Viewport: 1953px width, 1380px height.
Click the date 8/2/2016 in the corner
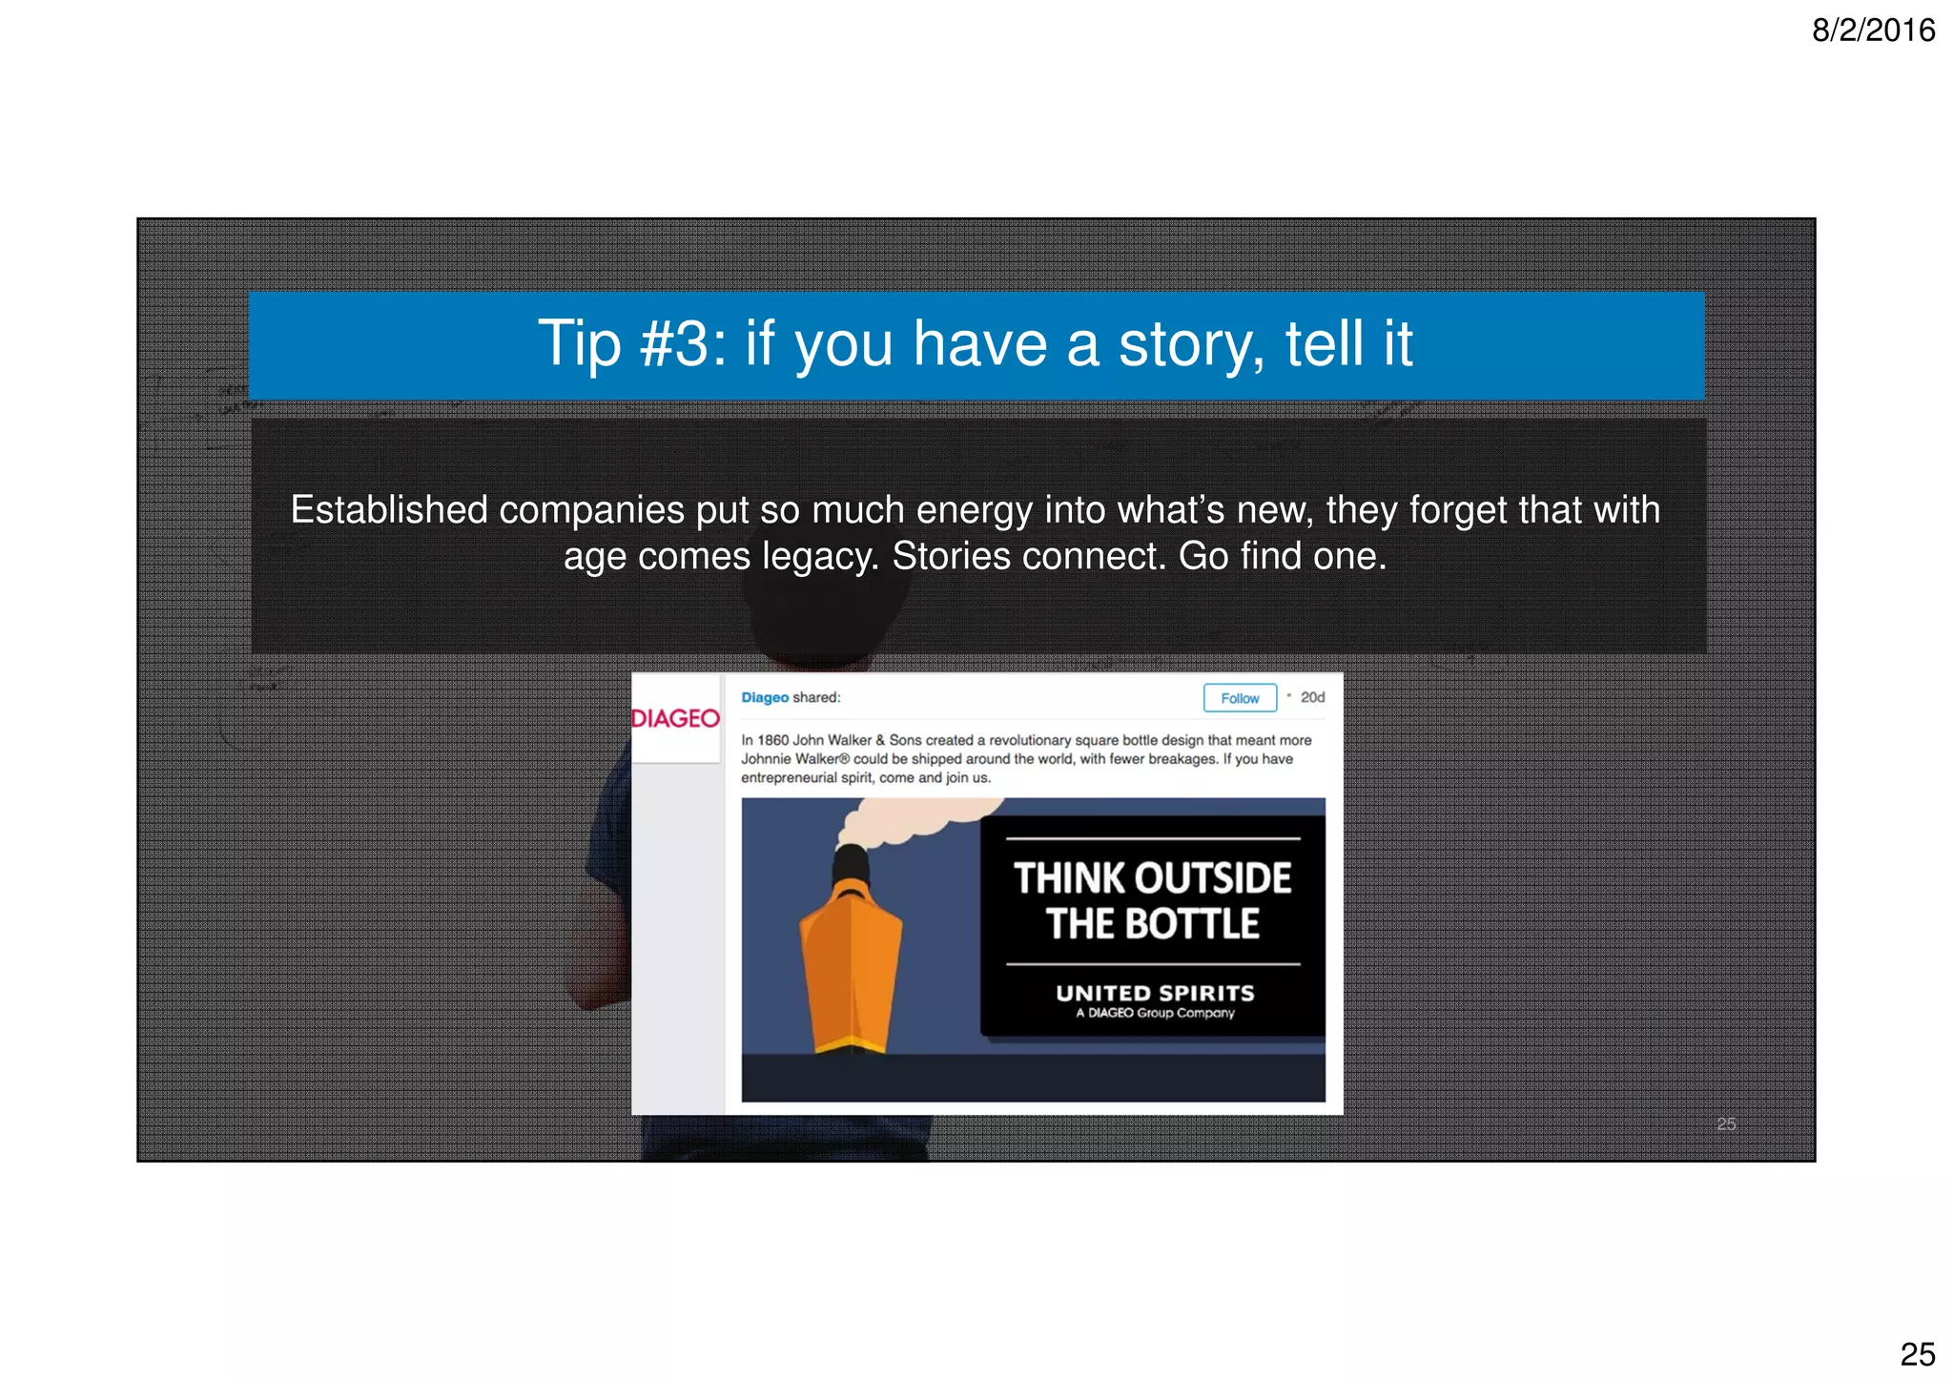[1873, 31]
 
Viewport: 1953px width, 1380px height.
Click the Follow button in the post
[1239, 698]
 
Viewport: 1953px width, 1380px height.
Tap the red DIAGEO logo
[675, 718]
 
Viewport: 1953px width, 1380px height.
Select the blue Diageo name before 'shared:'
[765, 697]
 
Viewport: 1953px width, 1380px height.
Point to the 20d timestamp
[1312, 697]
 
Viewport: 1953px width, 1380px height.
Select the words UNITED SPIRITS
[1155, 993]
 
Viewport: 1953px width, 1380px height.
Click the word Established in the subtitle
[389, 510]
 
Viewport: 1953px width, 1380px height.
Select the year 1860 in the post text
[772, 740]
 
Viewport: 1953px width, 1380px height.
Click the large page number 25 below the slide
[1917, 1353]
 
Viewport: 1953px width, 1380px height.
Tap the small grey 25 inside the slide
[1726, 1123]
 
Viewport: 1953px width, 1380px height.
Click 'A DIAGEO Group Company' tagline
[1155, 1013]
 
